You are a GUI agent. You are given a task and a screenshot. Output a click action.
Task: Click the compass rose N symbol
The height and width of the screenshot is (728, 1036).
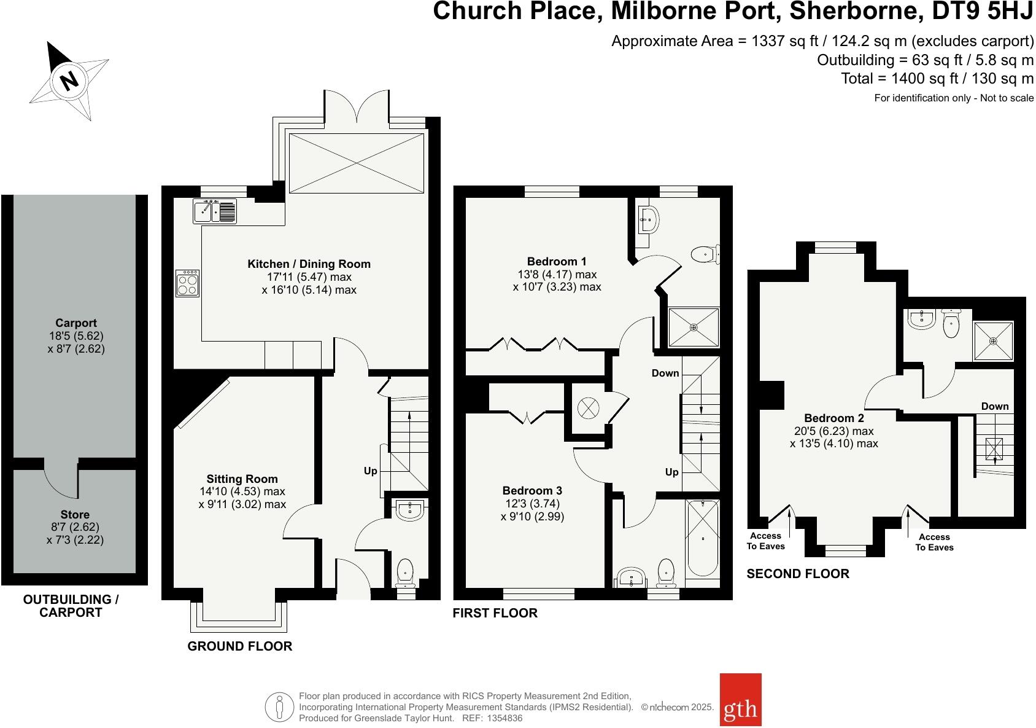[x=69, y=80]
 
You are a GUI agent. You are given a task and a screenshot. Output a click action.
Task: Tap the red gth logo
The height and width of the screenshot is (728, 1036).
[x=740, y=708]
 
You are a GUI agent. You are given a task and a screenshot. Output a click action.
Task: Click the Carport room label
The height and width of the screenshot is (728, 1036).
[x=75, y=323]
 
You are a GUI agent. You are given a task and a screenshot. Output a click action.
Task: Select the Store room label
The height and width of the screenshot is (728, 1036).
[x=75, y=514]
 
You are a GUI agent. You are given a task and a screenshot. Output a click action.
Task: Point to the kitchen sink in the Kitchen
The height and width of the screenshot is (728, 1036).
[x=215, y=211]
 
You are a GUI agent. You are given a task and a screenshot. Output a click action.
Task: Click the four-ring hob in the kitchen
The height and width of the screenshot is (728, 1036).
[x=187, y=283]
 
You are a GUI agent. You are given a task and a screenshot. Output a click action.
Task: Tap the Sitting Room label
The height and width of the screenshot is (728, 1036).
[x=242, y=479]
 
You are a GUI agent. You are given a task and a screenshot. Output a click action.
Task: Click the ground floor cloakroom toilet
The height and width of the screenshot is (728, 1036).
[x=406, y=572]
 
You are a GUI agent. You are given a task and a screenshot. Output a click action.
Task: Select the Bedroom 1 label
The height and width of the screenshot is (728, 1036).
[x=557, y=261]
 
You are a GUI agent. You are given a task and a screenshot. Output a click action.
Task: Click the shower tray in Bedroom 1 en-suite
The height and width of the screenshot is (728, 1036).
[x=694, y=327]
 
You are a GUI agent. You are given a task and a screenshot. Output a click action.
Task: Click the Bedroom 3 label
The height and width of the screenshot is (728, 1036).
[x=532, y=490]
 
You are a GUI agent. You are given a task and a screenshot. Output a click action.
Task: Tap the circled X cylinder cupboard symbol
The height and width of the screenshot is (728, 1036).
[x=588, y=407]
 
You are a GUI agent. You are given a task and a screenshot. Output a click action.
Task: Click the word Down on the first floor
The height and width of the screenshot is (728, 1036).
[x=665, y=373]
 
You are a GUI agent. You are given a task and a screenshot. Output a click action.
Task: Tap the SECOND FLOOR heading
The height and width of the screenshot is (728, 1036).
[x=798, y=574]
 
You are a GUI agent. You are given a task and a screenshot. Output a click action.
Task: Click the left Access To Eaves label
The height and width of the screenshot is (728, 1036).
[x=765, y=541]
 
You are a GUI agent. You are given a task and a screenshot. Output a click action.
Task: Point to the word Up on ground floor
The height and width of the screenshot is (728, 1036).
[x=370, y=471]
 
